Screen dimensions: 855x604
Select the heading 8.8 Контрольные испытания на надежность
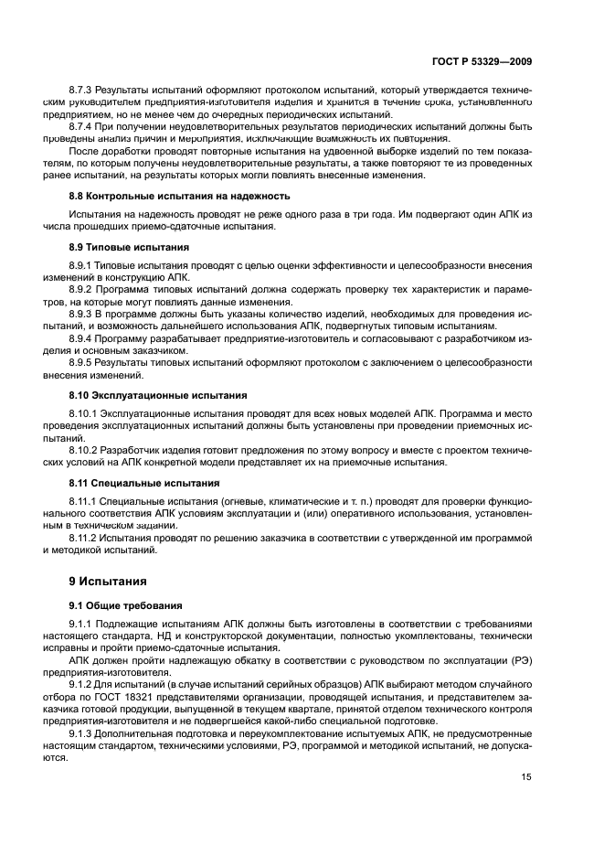[179, 196]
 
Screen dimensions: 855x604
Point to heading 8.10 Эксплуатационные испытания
[157, 395]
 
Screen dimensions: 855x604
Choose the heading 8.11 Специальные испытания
[143, 482]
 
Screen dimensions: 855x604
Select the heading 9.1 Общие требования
[126, 605]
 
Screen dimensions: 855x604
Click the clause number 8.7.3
[81, 93]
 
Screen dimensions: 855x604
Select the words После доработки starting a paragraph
[105, 147]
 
